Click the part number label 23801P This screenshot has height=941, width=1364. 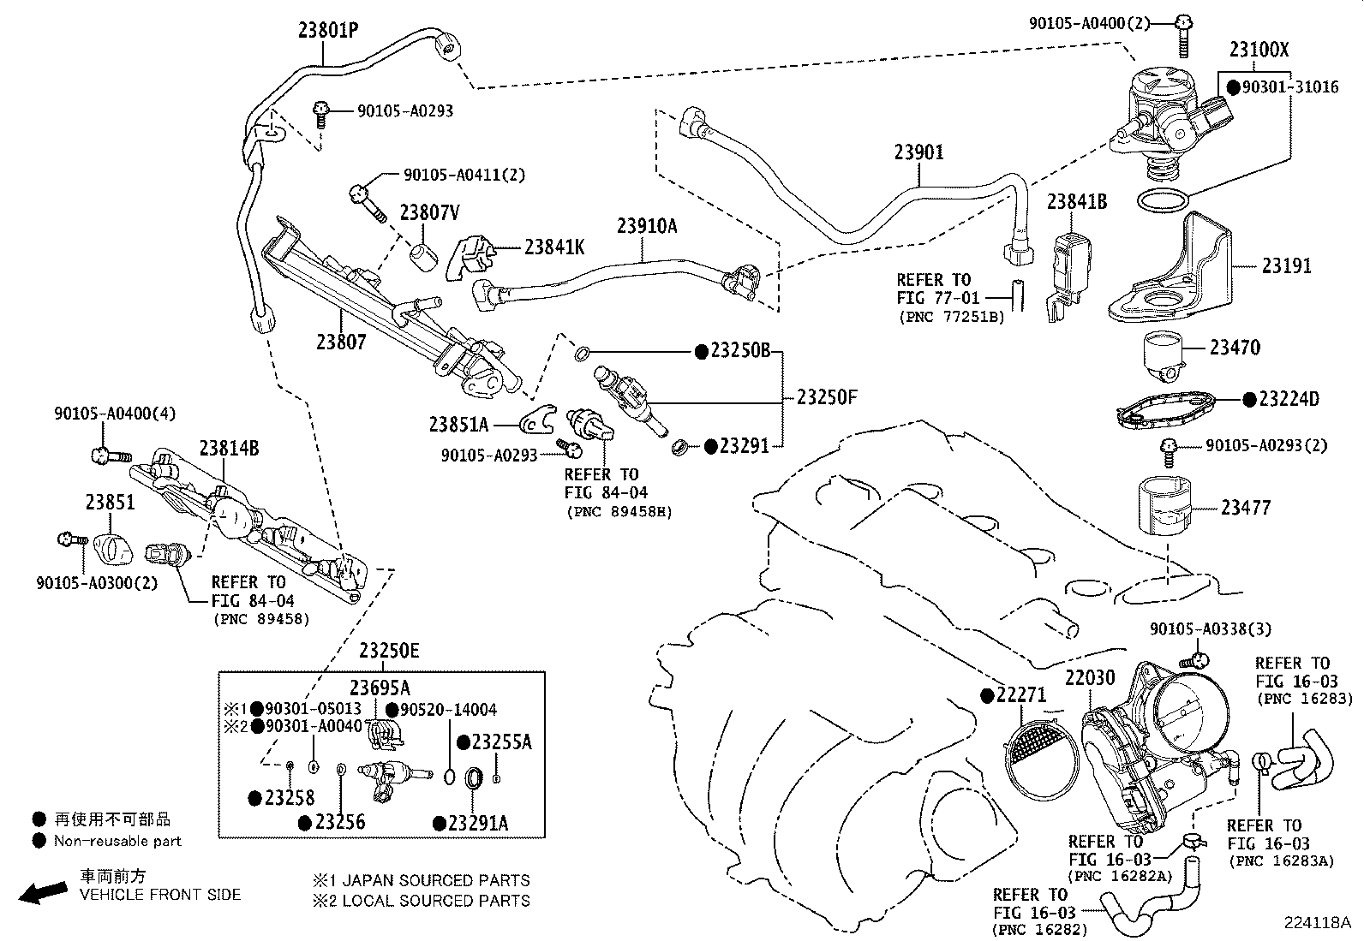tap(327, 31)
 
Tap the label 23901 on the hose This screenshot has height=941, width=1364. tap(918, 152)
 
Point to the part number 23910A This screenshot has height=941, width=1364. tap(646, 226)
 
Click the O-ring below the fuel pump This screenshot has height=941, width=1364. tap(1163, 201)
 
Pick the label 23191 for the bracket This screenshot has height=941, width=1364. tap(1286, 265)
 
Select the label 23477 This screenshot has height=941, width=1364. tap(1246, 508)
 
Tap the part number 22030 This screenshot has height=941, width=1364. tap(1091, 678)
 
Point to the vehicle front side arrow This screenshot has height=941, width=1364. tap(43, 892)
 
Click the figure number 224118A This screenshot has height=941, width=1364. tap(1316, 923)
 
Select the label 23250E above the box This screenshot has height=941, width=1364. tap(389, 651)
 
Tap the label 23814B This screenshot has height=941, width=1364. tap(229, 448)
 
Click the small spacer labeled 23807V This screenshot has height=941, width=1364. tap(422, 255)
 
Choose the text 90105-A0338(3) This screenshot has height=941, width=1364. tap(1210, 629)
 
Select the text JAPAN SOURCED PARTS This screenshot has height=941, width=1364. tap(436, 880)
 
